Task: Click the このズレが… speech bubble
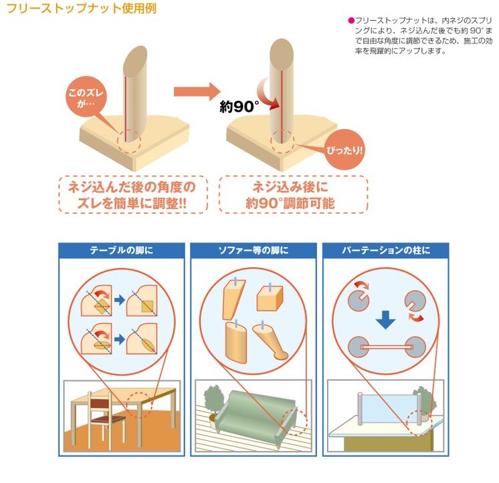click(x=82, y=98)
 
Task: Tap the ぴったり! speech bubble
click(x=346, y=148)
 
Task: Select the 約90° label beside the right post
click(x=239, y=105)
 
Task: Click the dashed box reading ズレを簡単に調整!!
click(x=130, y=194)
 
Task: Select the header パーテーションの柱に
click(x=385, y=251)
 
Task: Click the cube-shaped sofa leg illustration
click(x=272, y=297)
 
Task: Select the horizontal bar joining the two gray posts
click(x=385, y=347)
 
